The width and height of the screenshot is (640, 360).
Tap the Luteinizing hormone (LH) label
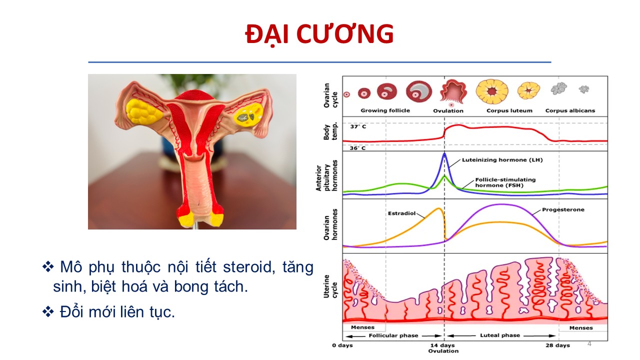[x=502, y=160]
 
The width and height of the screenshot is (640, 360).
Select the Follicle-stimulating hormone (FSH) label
[x=505, y=182]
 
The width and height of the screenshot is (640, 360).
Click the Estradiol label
[x=401, y=213]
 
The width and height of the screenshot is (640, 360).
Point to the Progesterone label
[x=563, y=209]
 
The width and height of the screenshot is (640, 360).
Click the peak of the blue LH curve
[x=444, y=153]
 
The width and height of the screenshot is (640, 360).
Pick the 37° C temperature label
[x=358, y=126]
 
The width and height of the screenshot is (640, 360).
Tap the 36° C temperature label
[x=357, y=148]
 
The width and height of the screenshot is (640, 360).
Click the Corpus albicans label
[x=570, y=111]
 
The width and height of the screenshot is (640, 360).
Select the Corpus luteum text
[x=509, y=111]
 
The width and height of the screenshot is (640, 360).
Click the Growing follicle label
[x=385, y=110]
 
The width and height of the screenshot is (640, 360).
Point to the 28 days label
[x=557, y=345]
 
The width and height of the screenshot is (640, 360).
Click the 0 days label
[x=342, y=345]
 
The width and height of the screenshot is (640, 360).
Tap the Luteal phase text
[x=500, y=335]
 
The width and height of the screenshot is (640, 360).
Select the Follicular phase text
[x=393, y=335]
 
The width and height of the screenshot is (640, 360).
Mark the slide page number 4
[x=589, y=343]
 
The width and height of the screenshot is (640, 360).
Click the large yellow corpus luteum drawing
[x=492, y=91]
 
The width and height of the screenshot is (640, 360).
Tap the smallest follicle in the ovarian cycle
[x=346, y=94]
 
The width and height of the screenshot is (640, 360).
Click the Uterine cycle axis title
[x=326, y=286]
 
